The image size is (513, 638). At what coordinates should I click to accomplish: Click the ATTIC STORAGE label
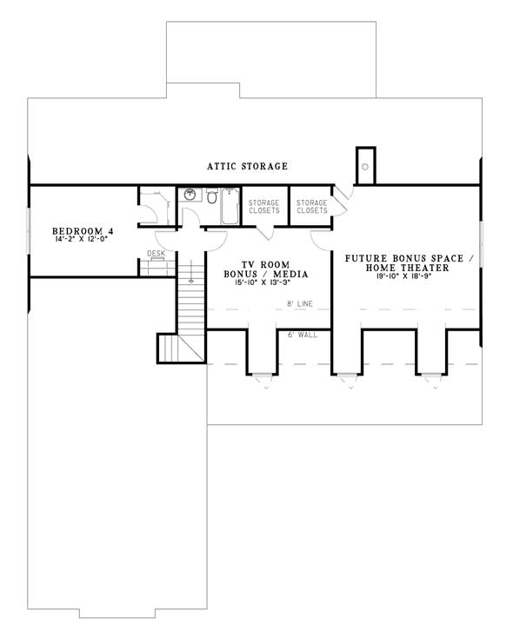247,166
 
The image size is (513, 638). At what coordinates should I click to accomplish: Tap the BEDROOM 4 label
83,231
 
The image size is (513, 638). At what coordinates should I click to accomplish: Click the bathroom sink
190,195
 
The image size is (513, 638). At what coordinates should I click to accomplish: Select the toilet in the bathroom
211,196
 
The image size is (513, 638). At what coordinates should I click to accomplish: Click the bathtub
230,206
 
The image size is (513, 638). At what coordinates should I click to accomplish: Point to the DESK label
156,254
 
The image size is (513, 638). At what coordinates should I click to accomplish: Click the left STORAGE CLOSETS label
263,206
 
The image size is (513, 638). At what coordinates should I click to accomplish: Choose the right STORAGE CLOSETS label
312,206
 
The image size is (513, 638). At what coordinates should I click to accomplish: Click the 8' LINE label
300,303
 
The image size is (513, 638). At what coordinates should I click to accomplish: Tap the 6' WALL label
303,335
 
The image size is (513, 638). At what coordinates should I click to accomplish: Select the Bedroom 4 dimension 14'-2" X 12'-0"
81,239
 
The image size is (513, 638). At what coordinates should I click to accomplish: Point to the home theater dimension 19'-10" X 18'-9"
404,276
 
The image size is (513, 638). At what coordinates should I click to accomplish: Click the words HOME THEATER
407,268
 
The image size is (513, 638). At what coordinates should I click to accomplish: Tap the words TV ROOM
265,265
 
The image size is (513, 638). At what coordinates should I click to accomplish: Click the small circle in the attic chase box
365,167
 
